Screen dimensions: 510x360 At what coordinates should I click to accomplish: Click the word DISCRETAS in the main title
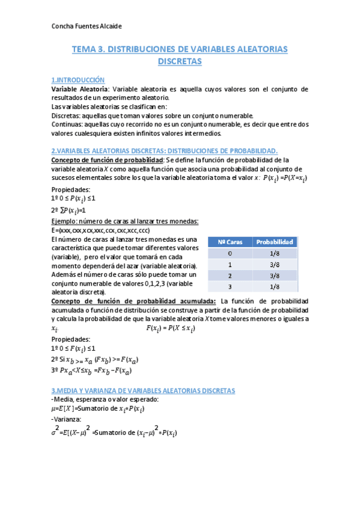[180, 61]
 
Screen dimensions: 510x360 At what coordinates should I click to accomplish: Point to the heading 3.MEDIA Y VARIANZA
[143, 390]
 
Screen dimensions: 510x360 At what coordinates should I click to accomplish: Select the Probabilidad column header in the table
[275, 242]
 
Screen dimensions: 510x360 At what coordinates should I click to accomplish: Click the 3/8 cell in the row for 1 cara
[275, 264]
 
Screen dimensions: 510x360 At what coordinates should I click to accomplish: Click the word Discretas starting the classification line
[67, 115]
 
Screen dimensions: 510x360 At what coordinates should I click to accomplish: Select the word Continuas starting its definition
[68, 124]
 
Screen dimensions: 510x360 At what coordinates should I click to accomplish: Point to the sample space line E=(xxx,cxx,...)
[100, 230]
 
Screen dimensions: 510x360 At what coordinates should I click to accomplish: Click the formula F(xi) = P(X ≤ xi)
[171, 328]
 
